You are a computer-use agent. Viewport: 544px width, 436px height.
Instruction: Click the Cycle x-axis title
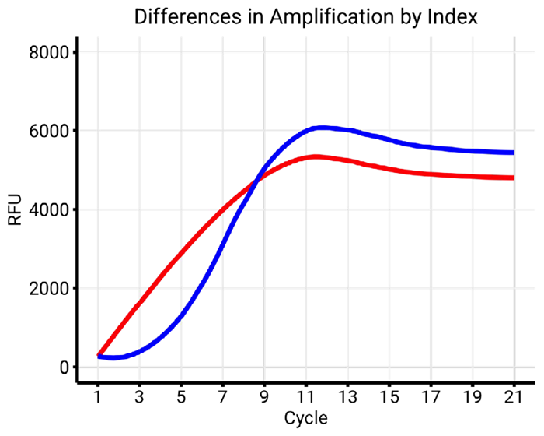point(305,418)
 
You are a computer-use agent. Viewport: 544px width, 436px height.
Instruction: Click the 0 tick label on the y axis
point(65,367)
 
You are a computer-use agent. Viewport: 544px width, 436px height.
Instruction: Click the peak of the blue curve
point(321,127)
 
